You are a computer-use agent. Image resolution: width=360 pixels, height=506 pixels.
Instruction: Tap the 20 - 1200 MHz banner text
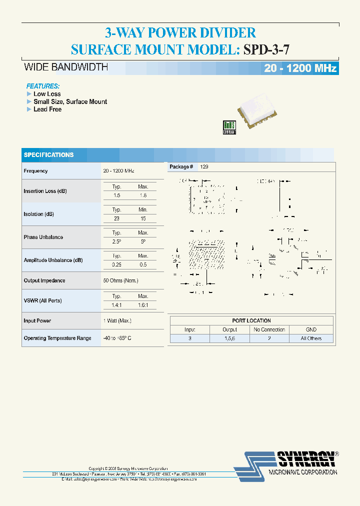point(300,68)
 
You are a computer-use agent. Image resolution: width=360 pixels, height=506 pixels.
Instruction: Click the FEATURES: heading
point(43,86)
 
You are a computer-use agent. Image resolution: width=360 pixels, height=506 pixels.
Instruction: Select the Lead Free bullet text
point(47,109)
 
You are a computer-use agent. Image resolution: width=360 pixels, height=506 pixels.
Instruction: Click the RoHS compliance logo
point(229,127)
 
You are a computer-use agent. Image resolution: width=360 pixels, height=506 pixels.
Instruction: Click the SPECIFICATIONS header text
point(48,155)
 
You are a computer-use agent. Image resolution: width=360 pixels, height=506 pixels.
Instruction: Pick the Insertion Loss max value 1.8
point(143,195)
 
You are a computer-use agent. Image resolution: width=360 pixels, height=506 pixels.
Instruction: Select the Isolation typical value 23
point(116,218)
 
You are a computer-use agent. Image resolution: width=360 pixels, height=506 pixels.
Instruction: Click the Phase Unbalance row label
point(43,237)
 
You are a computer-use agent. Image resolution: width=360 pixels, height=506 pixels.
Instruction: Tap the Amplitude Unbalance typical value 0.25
point(116,264)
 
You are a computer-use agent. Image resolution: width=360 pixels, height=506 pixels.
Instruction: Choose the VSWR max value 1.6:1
point(143,305)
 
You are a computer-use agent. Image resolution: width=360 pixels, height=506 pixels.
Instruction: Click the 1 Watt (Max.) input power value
point(117,320)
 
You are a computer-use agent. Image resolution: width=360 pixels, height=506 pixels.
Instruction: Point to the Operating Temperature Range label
point(57,338)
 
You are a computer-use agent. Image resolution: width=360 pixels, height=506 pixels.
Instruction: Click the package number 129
point(204,166)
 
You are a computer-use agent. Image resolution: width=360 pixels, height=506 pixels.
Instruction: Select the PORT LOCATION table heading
point(251,320)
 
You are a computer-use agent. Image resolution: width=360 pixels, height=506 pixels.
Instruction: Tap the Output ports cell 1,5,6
point(230,338)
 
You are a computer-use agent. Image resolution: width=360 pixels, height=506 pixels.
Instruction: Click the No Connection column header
point(269,329)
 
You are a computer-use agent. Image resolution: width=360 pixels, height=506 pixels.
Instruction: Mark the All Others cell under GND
point(311,338)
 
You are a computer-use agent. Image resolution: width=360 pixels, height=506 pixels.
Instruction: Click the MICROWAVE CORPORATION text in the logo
point(303,472)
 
